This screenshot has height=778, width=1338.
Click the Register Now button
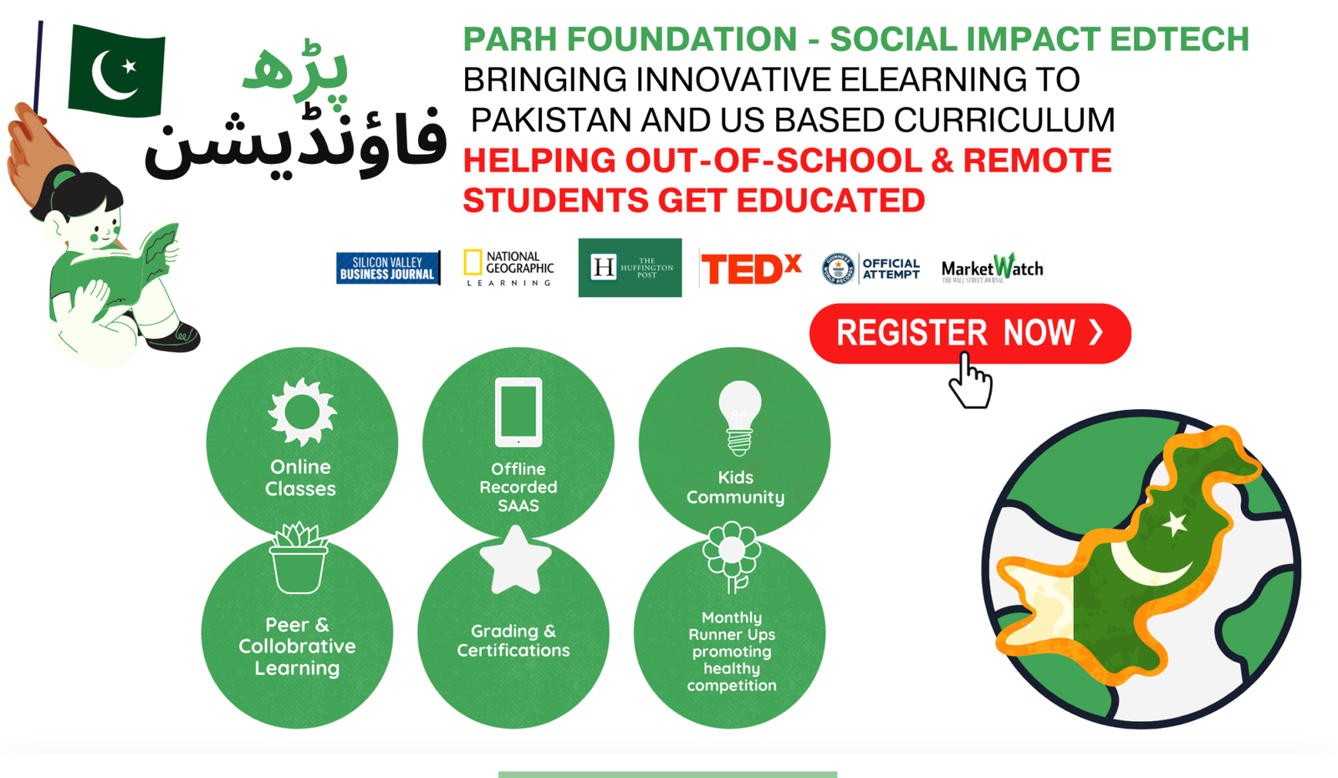(x=969, y=333)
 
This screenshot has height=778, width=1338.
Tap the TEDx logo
(x=750, y=269)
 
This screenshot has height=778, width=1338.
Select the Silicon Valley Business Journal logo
(x=388, y=269)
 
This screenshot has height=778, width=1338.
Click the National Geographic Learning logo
(x=508, y=269)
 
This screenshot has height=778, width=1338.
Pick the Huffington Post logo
(x=630, y=268)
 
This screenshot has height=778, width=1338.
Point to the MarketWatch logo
(x=992, y=269)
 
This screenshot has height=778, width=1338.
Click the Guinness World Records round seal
(x=837, y=269)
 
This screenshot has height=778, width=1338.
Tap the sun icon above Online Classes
(x=302, y=412)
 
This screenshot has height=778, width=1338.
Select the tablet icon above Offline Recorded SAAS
(x=518, y=412)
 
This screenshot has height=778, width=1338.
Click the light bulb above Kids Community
(x=739, y=417)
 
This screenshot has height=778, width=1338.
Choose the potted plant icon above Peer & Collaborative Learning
(x=299, y=559)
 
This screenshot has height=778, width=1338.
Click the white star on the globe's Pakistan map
(x=1176, y=524)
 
